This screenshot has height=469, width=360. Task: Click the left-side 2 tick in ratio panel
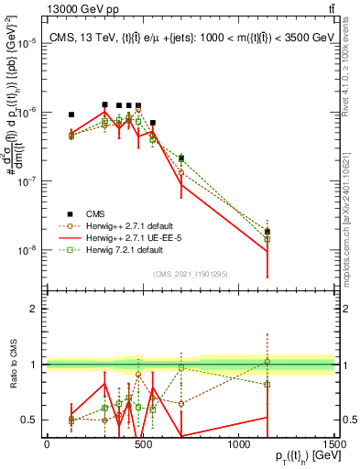pos(33,309)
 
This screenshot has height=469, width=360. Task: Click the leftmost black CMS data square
pos(71,115)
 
